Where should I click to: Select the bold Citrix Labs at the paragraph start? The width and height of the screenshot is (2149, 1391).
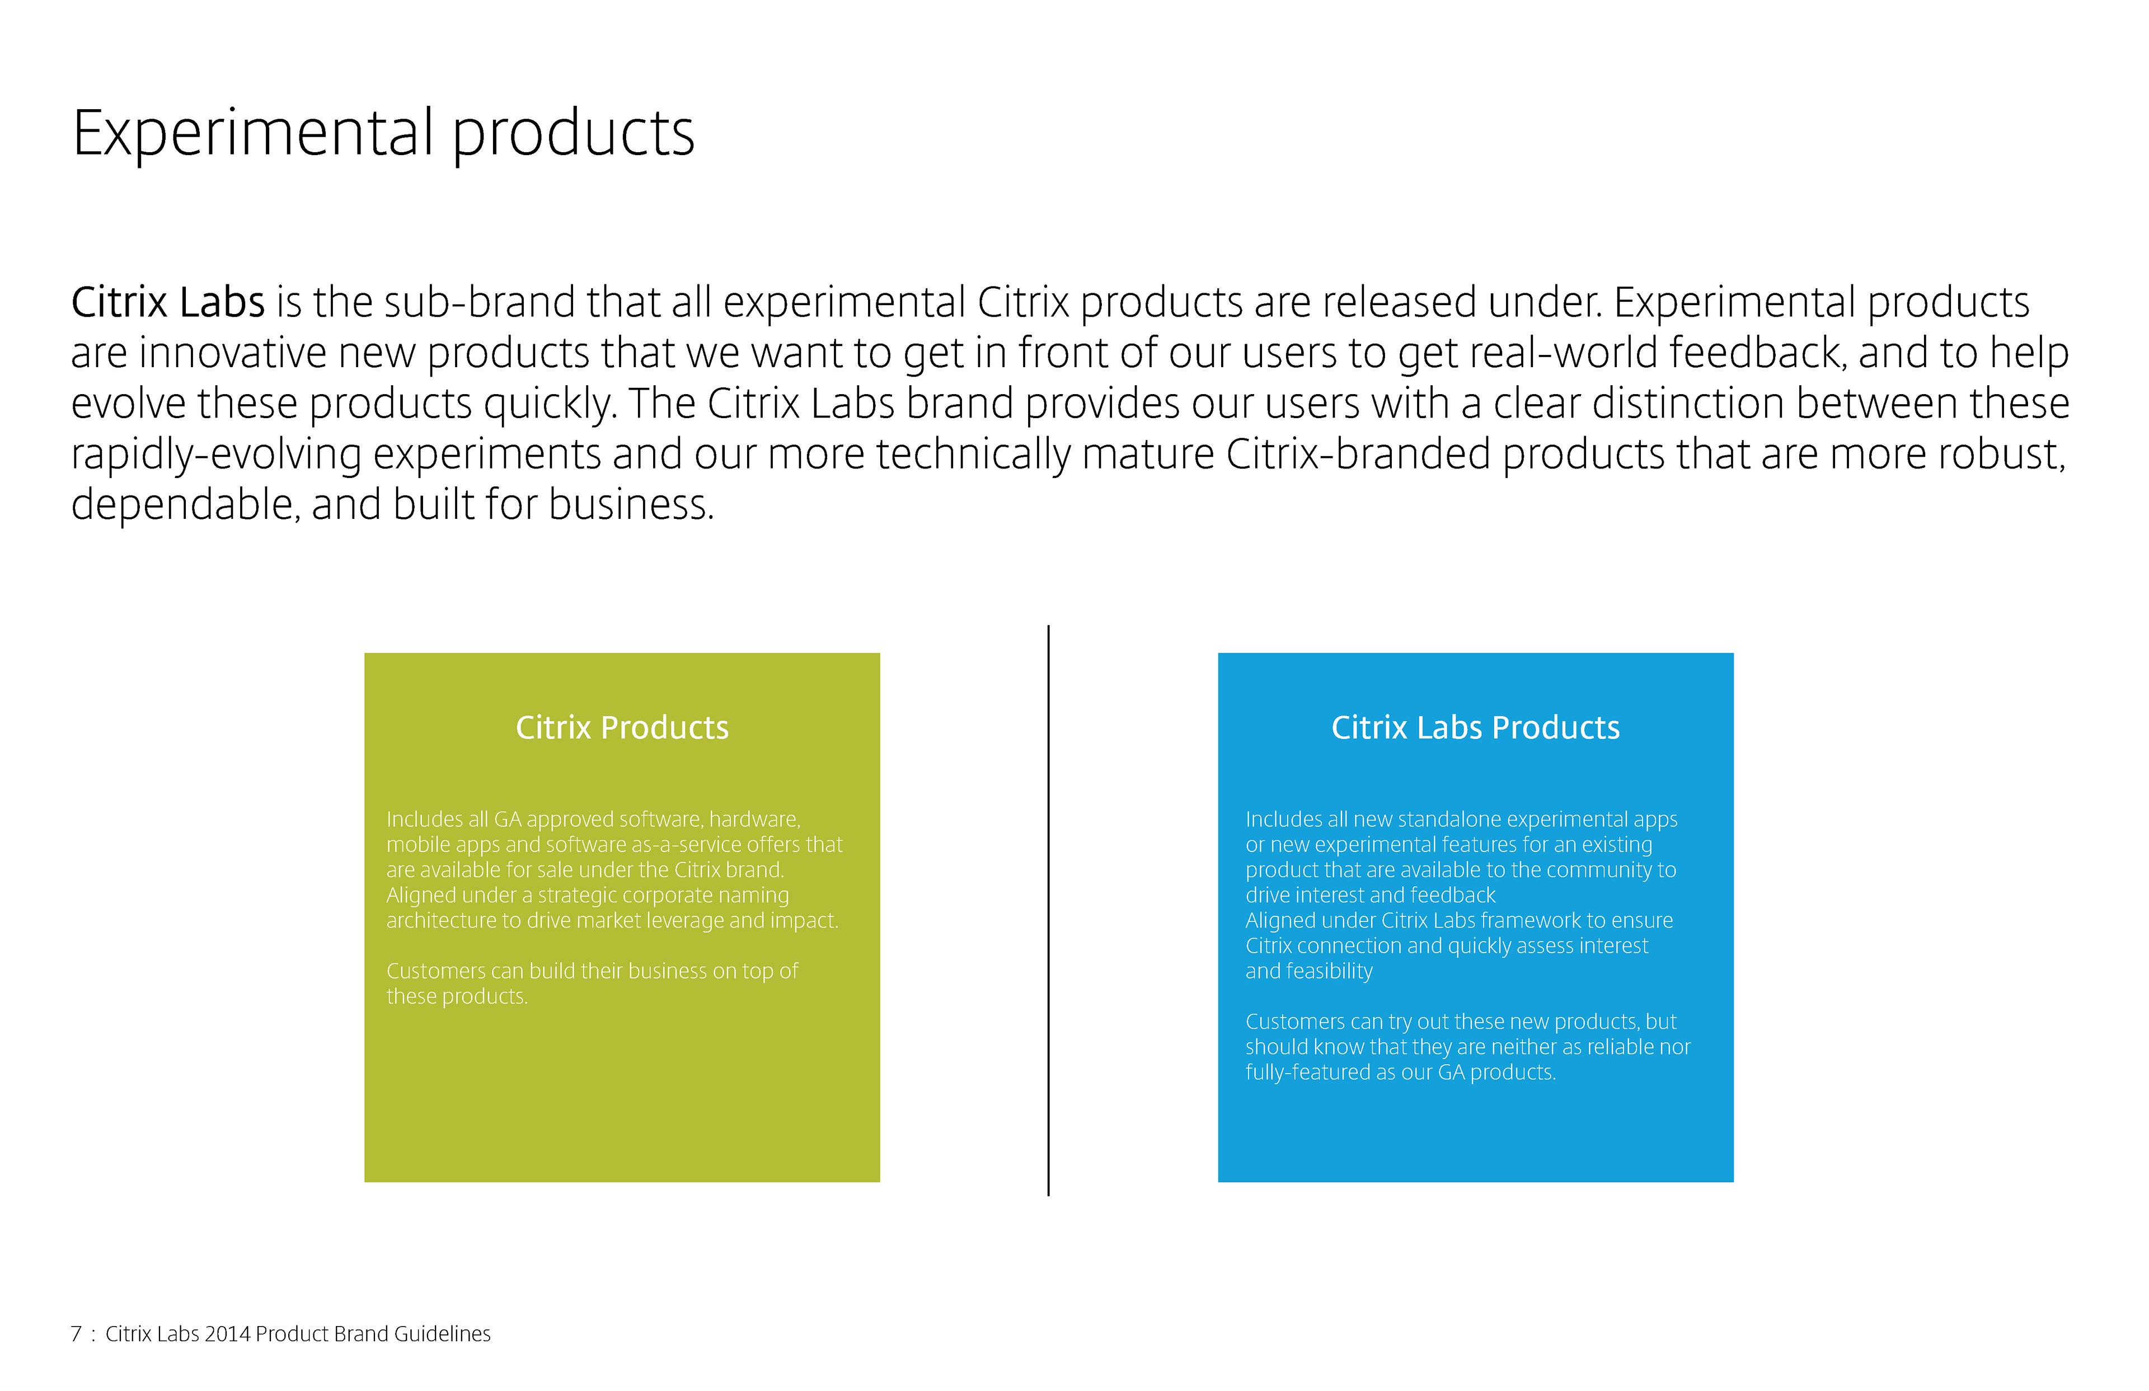pyautogui.click(x=168, y=303)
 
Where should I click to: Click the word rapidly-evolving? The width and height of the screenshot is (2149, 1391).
pyautogui.click(x=217, y=455)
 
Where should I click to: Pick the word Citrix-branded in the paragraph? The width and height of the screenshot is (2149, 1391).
pyautogui.click(x=1358, y=455)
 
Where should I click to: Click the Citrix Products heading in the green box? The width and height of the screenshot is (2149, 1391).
pyautogui.click(x=622, y=727)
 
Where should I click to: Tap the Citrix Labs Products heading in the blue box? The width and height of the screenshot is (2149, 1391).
pyautogui.click(x=1475, y=727)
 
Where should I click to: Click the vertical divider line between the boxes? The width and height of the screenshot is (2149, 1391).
pyautogui.click(x=1048, y=911)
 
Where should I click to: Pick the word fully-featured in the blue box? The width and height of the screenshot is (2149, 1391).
pyautogui.click(x=1307, y=1072)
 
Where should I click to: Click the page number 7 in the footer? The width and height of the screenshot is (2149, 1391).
pyautogui.click(x=76, y=1334)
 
